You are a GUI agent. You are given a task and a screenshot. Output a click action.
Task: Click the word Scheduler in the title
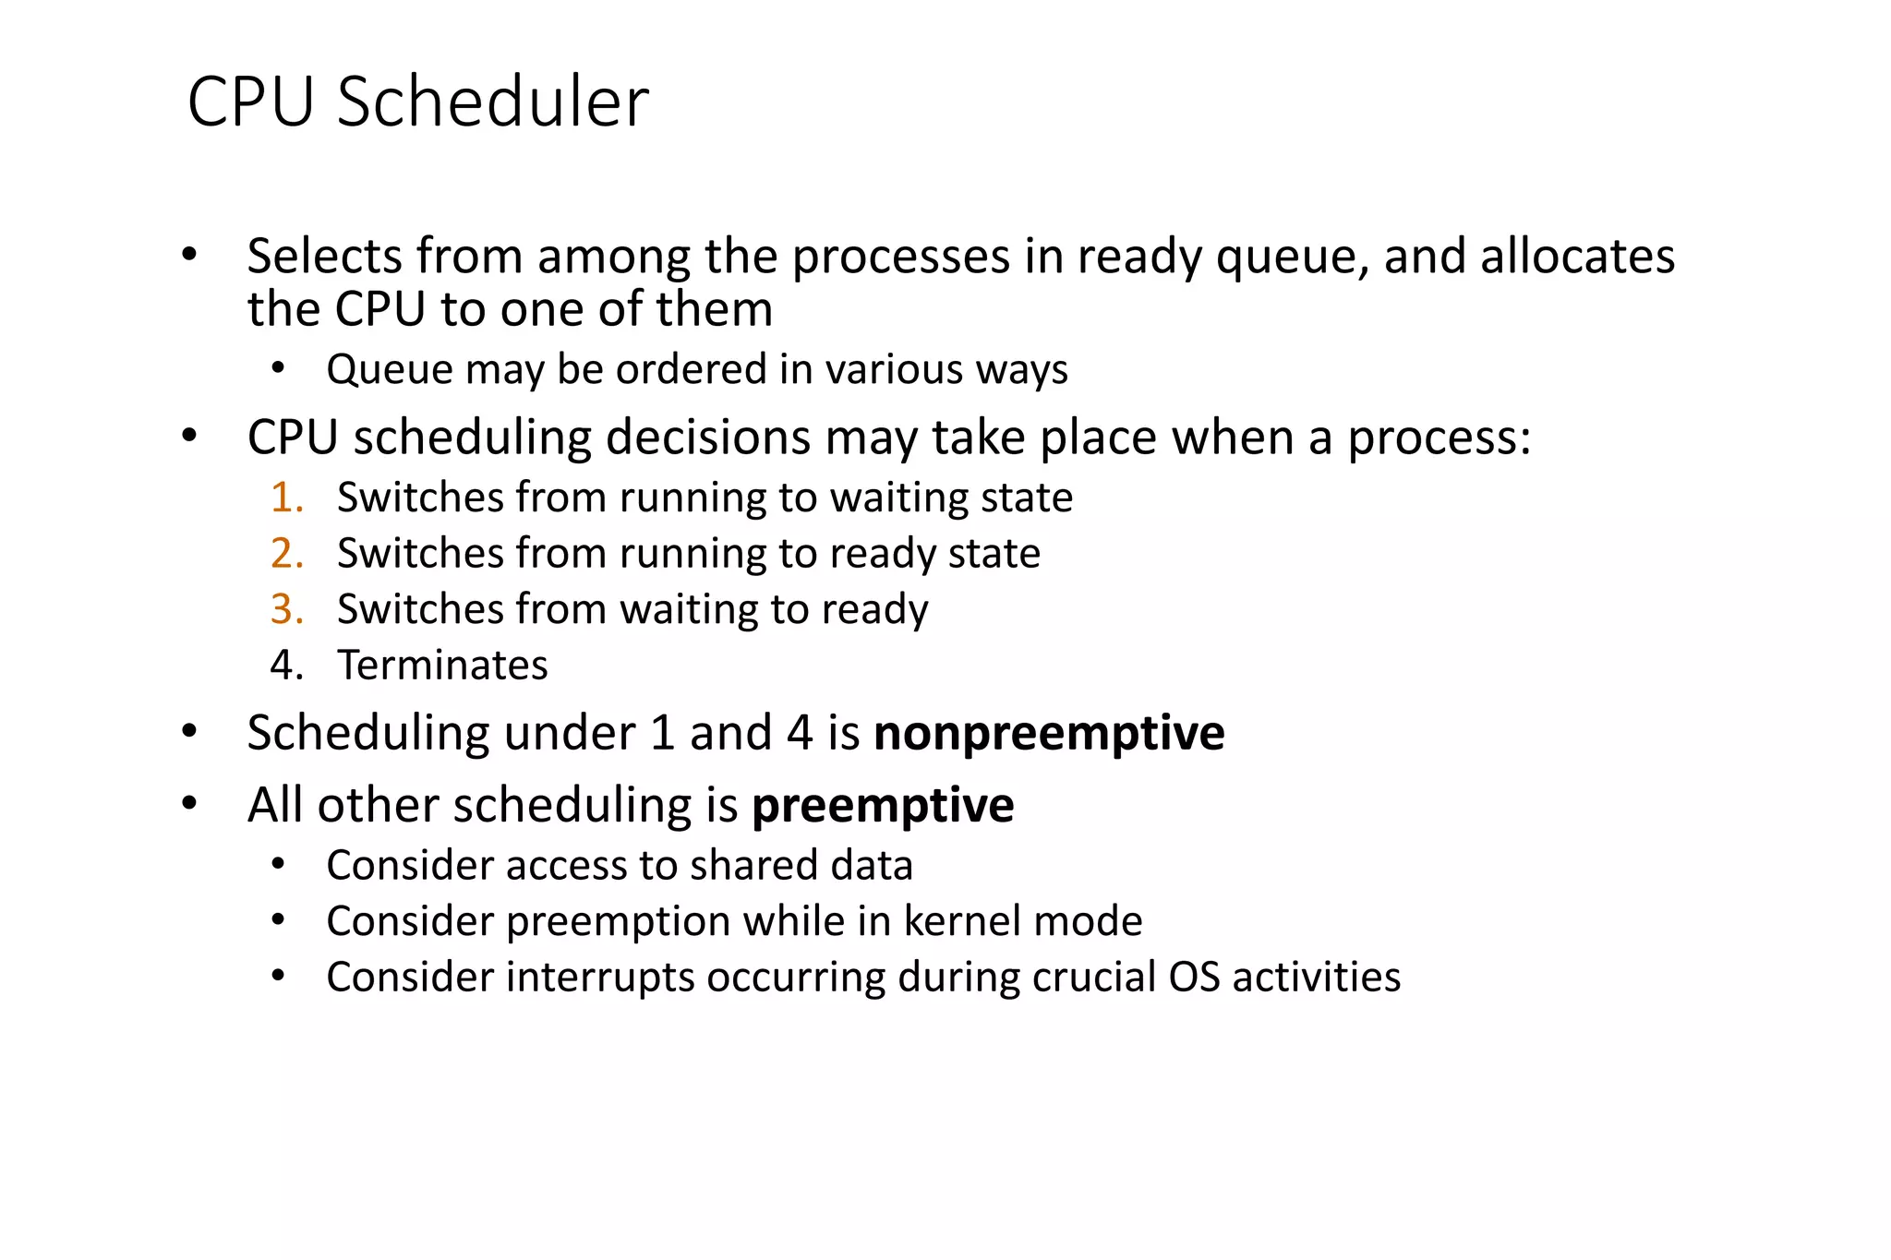[x=493, y=102]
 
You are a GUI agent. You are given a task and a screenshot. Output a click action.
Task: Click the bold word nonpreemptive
[x=1049, y=733]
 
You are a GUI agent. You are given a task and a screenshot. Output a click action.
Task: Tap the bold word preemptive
[x=883, y=805]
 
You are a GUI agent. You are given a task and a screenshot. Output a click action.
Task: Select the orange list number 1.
[x=286, y=498]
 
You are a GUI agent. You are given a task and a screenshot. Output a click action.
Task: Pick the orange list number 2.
[x=286, y=553]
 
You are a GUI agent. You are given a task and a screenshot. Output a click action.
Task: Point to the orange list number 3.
[x=286, y=609]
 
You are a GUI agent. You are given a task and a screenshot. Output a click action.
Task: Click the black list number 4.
[x=286, y=666]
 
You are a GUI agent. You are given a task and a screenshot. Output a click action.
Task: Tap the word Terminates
[x=442, y=666]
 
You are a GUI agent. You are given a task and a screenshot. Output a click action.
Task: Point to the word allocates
[x=1577, y=257]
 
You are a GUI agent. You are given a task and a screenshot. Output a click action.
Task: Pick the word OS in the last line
[x=1195, y=978]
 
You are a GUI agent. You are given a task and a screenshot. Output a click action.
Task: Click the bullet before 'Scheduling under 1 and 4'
[x=189, y=732]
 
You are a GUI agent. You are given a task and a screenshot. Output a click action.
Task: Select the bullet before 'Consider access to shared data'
[x=278, y=865]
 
